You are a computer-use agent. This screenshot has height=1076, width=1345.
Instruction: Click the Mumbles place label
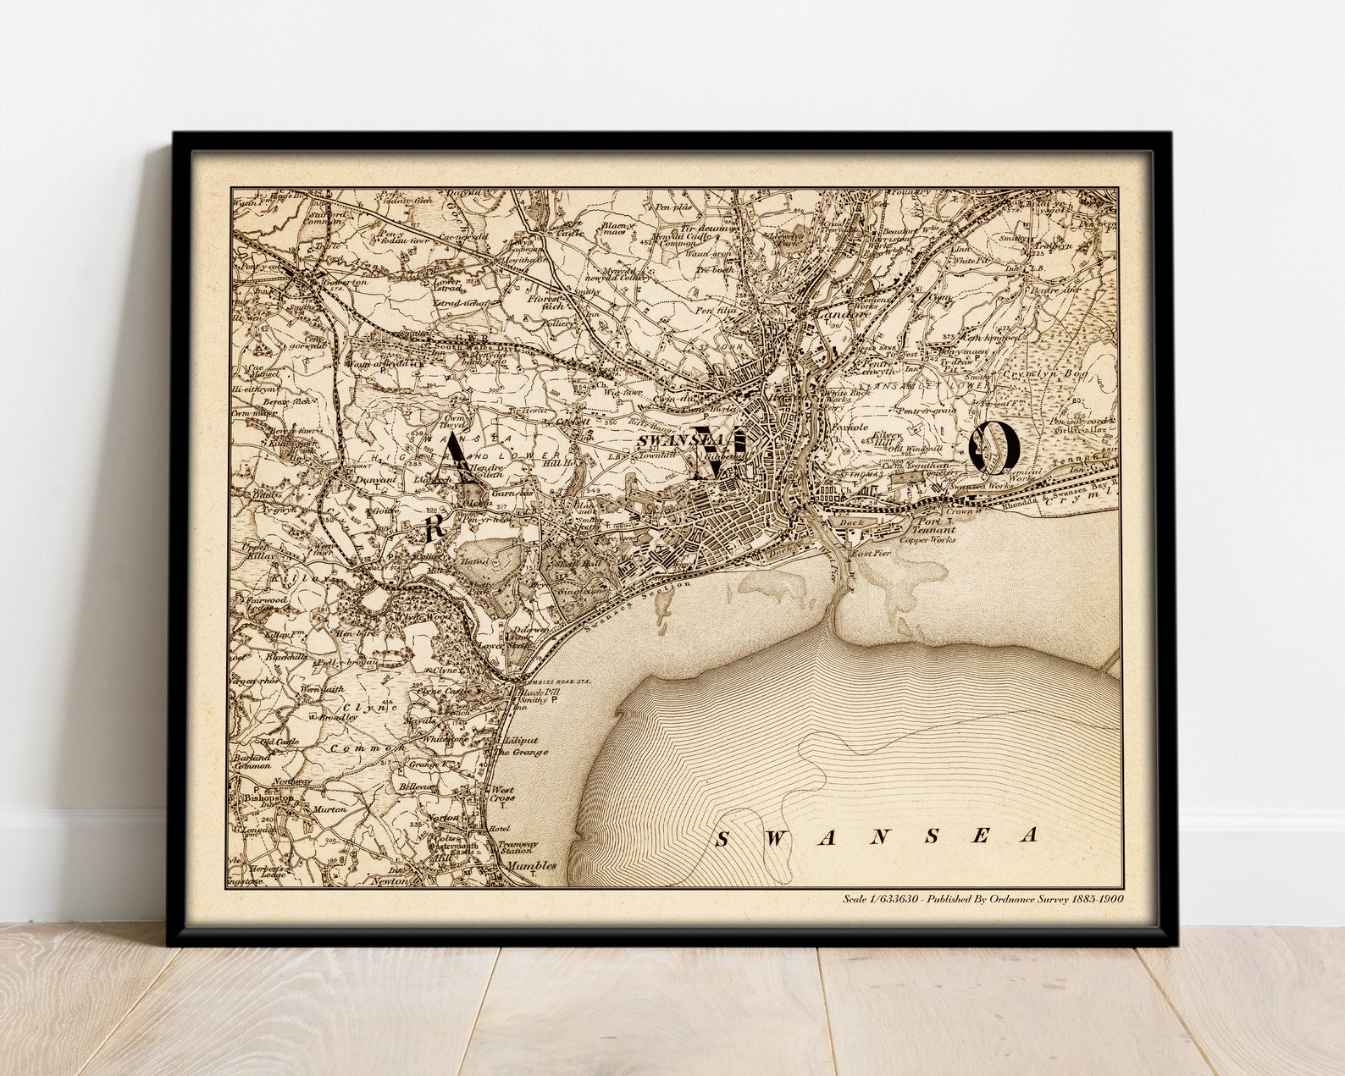531,865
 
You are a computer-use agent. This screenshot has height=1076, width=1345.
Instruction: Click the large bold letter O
994,445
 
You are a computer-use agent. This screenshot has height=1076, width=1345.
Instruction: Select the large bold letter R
434,527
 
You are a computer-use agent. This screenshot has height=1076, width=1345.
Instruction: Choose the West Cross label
502,794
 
